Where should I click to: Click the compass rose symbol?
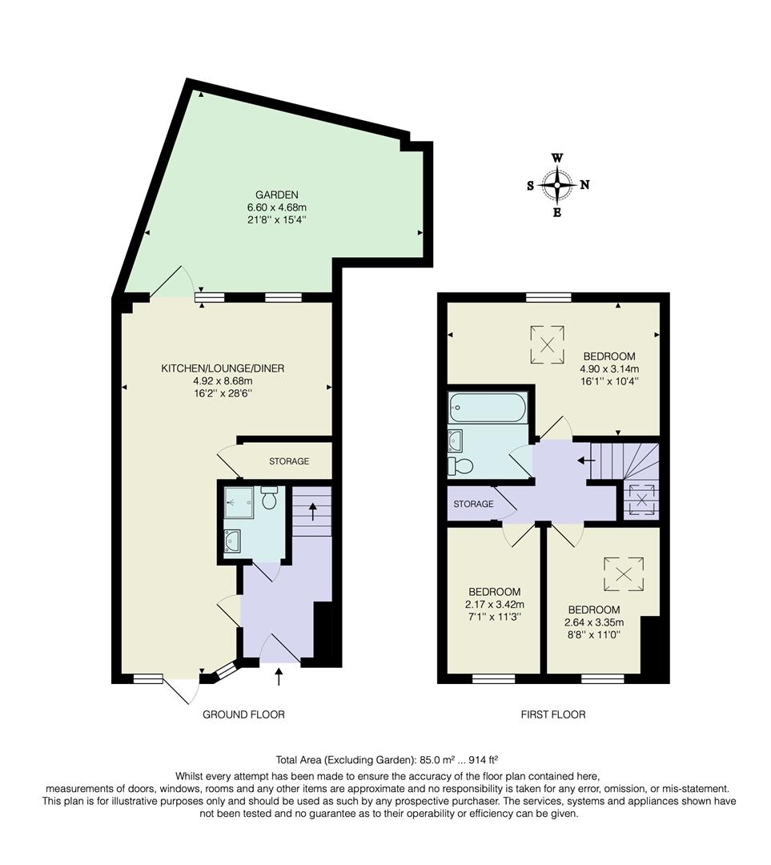coord(557,185)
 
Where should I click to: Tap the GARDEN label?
coord(277,195)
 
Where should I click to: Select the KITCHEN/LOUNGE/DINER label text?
coord(223,368)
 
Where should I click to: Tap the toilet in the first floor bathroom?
coord(463,465)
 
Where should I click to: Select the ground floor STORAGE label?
coord(288,461)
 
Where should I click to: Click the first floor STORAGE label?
coord(473,504)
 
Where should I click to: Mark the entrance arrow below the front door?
coord(279,677)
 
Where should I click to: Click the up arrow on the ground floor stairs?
coord(312,510)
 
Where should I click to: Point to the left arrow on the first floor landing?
coord(586,461)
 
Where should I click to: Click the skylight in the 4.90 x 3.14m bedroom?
coord(548,343)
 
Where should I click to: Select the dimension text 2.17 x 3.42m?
coord(495,604)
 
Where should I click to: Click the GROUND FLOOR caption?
coord(243,714)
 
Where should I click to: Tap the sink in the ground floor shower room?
coord(233,541)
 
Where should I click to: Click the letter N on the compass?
coord(584,185)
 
